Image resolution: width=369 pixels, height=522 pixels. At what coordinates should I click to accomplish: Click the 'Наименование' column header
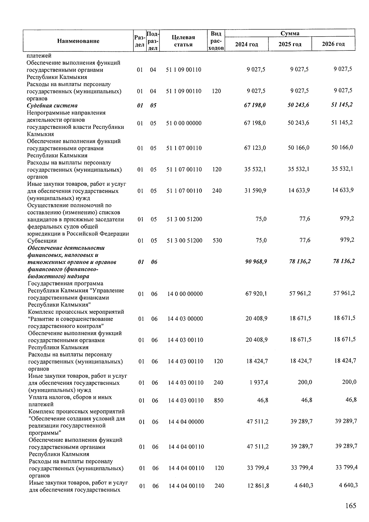tap(78, 41)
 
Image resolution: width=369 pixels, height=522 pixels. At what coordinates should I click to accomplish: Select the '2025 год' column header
tap(290, 44)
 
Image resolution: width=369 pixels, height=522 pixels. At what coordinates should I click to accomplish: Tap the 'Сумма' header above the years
tap(290, 33)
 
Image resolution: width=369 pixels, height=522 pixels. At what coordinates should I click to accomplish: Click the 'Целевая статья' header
tap(183, 41)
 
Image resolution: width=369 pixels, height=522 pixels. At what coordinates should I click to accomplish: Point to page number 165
tap(350, 506)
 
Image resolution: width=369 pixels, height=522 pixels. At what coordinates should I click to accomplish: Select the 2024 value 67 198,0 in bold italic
tap(255, 105)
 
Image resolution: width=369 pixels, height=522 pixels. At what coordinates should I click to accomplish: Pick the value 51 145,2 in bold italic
tap(342, 105)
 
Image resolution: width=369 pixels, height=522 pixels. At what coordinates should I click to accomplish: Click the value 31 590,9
tap(255, 191)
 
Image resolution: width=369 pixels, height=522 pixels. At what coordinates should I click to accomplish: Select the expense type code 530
tap(217, 241)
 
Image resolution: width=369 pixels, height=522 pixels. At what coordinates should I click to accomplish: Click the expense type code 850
tap(218, 400)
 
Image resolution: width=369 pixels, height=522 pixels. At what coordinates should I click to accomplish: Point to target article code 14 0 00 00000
tap(185, 294)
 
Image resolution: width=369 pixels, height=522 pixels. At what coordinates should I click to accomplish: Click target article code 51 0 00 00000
tap(184, 123)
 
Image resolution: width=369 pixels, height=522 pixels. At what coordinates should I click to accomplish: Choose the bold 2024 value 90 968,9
tap(256, 262)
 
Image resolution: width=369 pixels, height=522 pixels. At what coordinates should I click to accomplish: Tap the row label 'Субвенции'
tap(42, 241)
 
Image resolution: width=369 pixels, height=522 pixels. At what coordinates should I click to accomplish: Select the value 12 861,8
tap(258, 486)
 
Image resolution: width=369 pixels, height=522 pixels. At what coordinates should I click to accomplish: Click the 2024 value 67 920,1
tap(256, 294)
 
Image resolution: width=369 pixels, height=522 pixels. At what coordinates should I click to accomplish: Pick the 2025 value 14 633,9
tap(299, 190)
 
